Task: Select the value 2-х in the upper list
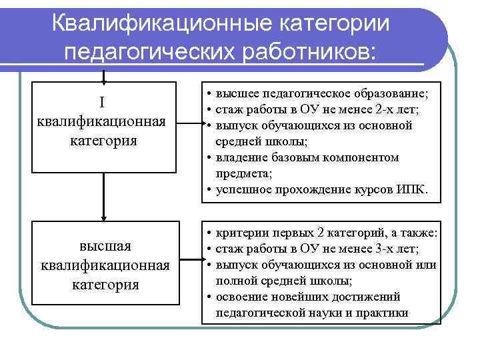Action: pos(386,110)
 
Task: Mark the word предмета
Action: pos(240,174)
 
